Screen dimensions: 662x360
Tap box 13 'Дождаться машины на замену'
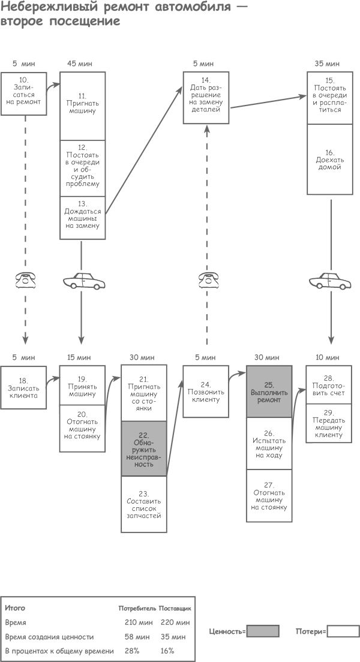[x=83, y=218]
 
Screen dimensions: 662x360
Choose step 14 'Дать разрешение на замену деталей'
[x=206, y=98]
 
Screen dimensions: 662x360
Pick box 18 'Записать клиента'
[x=23, y=387]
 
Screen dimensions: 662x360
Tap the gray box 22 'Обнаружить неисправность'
[x=143, y=449]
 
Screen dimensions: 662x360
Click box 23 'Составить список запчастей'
[x=143, y=504]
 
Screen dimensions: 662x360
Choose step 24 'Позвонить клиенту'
[x=206, y=391]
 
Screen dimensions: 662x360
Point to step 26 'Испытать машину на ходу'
[x=269, y=443]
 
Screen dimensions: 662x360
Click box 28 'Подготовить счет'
[x=329, y=384]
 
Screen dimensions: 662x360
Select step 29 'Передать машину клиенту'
[x=329, y=423]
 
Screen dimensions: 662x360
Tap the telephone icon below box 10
[x=26, y=280]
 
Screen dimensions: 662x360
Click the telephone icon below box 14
[x=208, y=280]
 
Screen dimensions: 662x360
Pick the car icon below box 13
[x=85, y=280]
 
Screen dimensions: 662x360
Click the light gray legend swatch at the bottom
[x=263, y=631]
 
